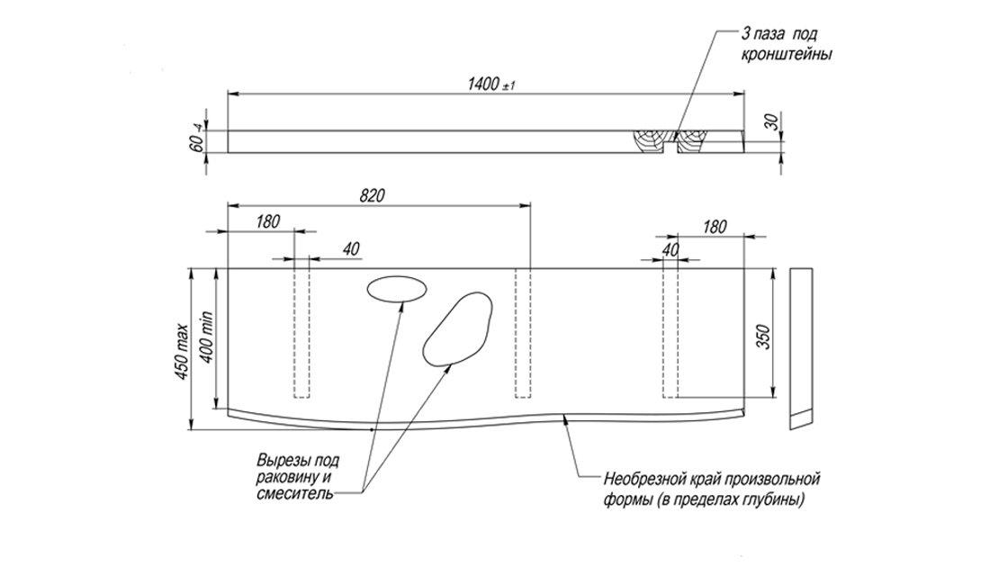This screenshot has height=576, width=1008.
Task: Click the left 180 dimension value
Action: coord(267,221)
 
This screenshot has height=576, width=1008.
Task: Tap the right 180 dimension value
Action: coord(714,227)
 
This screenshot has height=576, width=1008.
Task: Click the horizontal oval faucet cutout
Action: coord(396,288)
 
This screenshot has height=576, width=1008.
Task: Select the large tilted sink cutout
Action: coord(458,328)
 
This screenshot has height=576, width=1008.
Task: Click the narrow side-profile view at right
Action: coord(800,346)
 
